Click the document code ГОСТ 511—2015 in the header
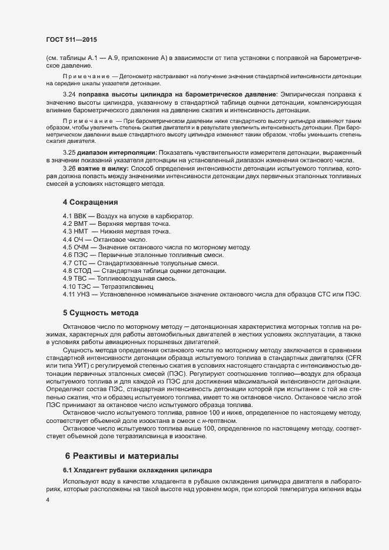tap(71, 39)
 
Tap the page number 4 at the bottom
tap(47, 499)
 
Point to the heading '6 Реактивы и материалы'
tap(117, 456)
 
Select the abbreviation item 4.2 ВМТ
tap(117, 224)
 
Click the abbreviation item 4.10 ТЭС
tap(111, 286)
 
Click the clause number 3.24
tap(69, 94)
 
